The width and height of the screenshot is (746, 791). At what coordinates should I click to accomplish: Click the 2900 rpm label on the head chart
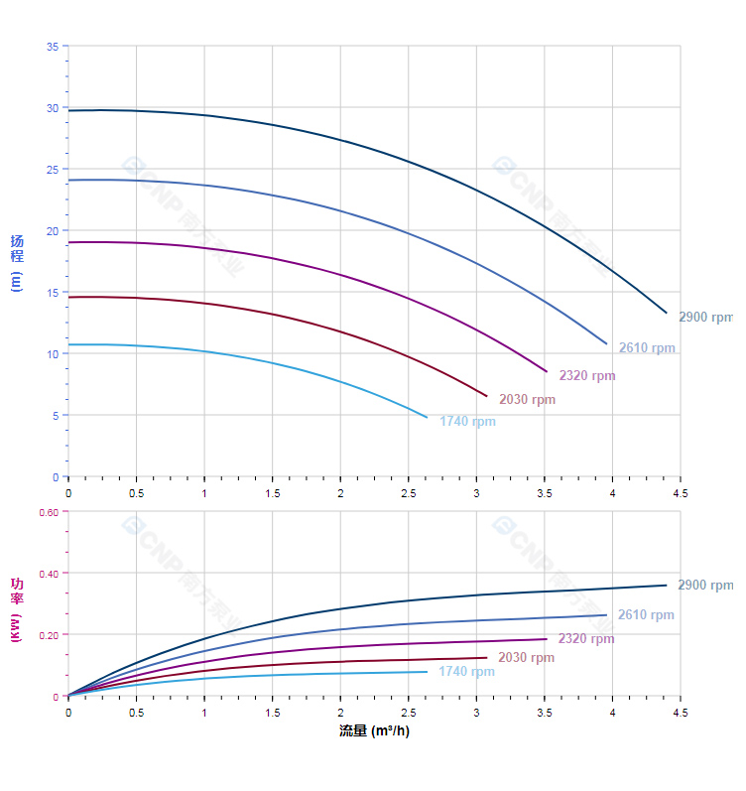[705, 318]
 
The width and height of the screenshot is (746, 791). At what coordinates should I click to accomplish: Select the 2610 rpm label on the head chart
[647, 348]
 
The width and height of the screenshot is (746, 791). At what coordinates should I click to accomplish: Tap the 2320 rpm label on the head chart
[586, 376]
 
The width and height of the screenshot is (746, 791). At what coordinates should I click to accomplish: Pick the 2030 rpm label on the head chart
[527, 400]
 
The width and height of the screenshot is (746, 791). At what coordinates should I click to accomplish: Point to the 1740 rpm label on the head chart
[467, 422]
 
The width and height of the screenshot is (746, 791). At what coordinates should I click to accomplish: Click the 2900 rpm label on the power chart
[704, 586]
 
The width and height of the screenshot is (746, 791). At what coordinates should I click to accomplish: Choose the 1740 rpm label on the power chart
[466, 672]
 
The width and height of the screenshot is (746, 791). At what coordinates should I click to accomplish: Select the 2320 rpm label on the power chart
[585, 639]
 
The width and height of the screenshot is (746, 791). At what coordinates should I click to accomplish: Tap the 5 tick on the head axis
[55, 416]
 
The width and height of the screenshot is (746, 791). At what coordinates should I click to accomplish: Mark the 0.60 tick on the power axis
[49, 512]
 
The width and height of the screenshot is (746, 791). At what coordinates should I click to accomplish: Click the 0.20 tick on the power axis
[49, 635]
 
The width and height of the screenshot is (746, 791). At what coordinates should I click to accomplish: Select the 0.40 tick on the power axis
[49, 574]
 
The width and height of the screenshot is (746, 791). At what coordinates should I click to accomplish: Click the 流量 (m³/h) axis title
[374, 731]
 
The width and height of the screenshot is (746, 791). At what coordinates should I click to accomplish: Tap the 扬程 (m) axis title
[16, 263]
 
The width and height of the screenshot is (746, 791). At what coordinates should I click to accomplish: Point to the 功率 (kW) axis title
[16, 607]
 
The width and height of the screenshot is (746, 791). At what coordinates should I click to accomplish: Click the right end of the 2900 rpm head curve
[667, 313]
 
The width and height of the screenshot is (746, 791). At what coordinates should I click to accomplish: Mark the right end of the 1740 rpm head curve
[427, 417]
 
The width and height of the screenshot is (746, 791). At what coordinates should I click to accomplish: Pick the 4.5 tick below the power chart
[681, 713]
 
